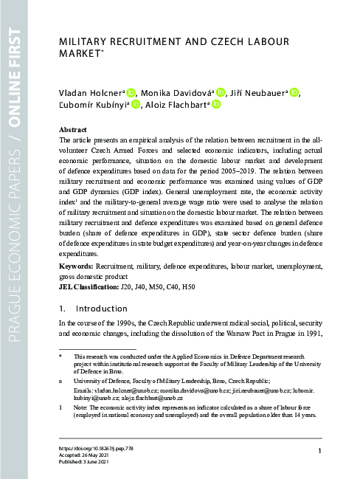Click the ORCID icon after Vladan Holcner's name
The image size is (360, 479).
pyautogui.click(x=132, y=92)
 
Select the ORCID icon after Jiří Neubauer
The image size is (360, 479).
pyautogui.click(x=294, y=92)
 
